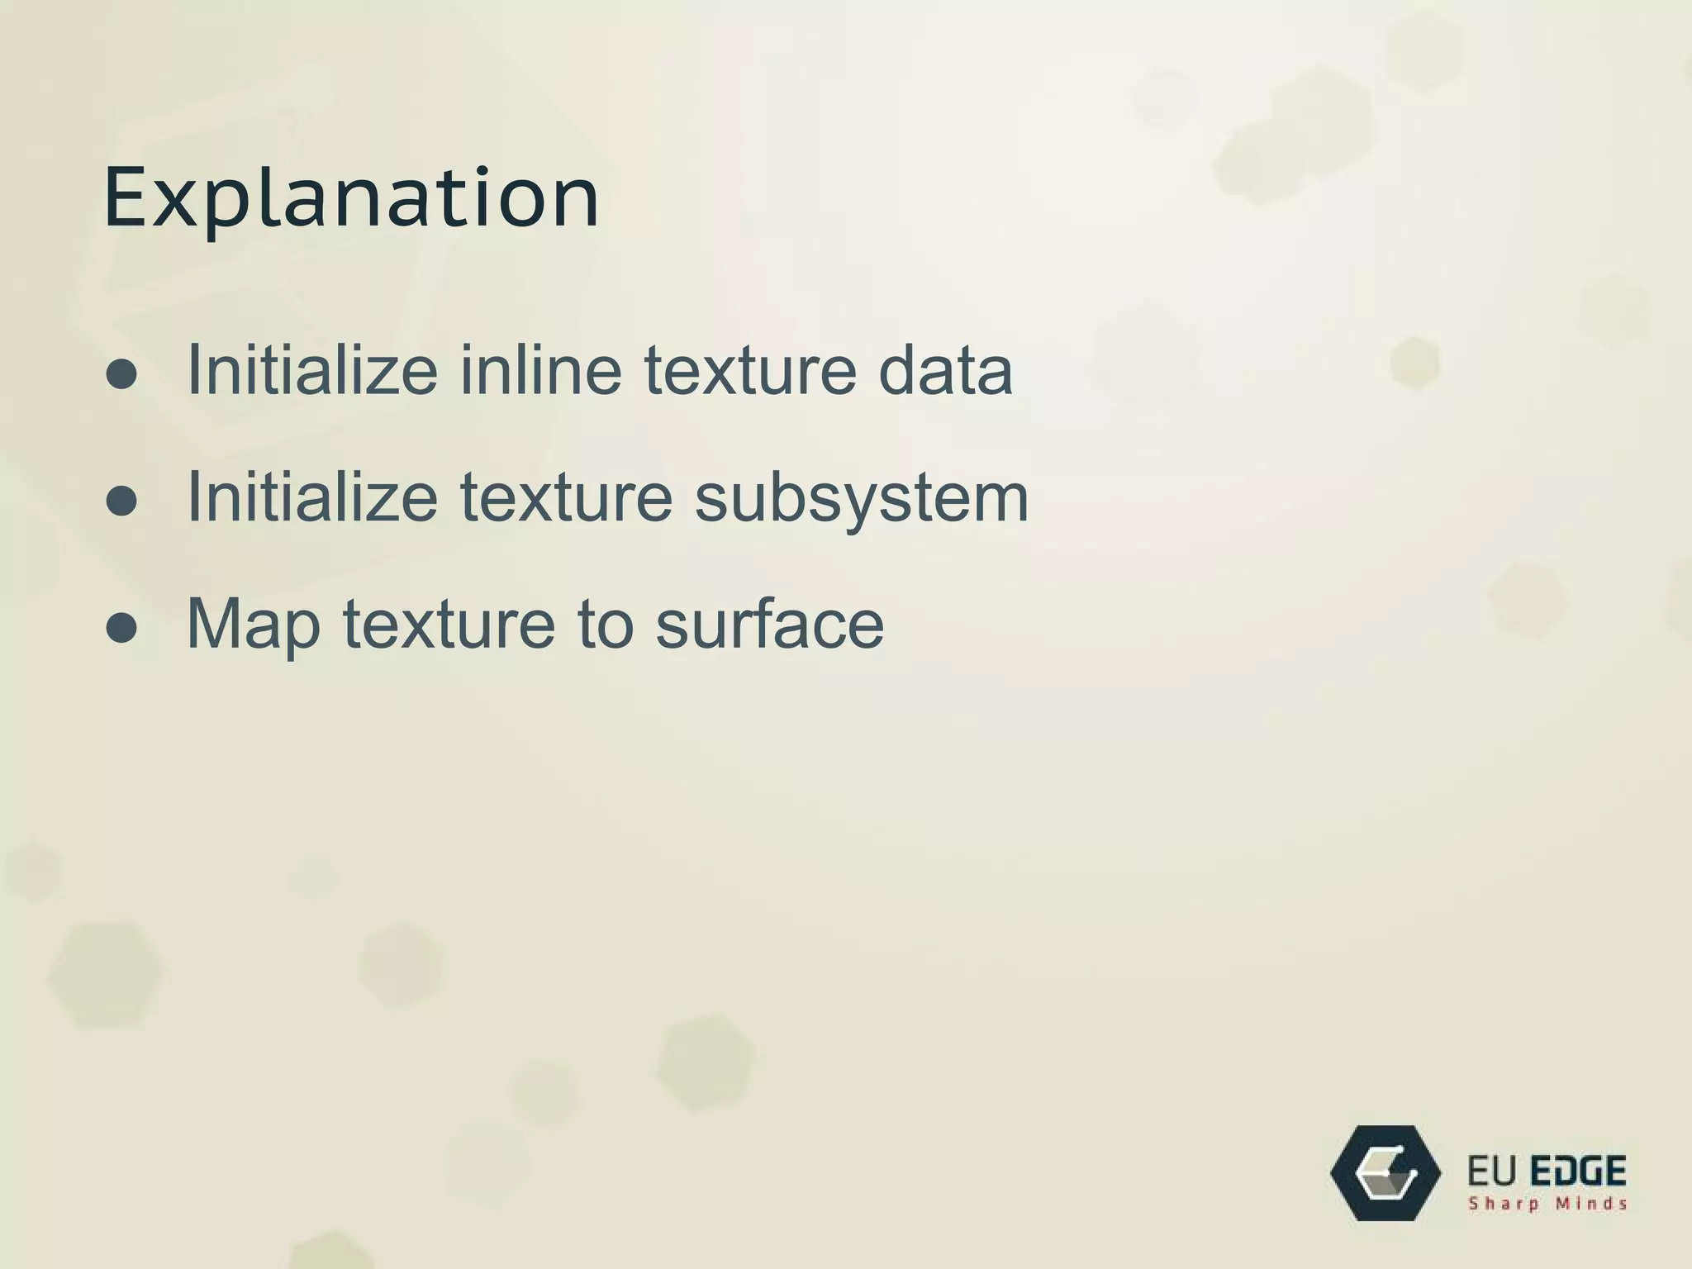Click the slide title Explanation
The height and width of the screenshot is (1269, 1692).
coord(351,198)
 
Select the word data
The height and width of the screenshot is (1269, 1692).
coord(945,369)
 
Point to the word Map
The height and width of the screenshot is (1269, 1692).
coord(254,624)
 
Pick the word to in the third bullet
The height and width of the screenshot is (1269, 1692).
coord(605,624)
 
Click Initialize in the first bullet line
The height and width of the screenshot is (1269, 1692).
coord(312,369)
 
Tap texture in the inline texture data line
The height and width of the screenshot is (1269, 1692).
coord(750,369)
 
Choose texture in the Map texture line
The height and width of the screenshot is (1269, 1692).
coord(449,624)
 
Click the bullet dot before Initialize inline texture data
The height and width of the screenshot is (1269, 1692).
coord(121,374)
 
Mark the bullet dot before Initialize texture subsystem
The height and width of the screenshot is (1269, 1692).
coord(121,501)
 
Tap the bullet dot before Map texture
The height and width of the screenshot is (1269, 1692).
coord(121,628)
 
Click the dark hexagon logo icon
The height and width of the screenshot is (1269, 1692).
coord(1385,1172)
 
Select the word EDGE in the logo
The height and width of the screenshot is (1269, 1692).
coord(1578,1172)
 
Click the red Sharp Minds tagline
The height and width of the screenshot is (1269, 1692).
coord(1547,1204)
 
